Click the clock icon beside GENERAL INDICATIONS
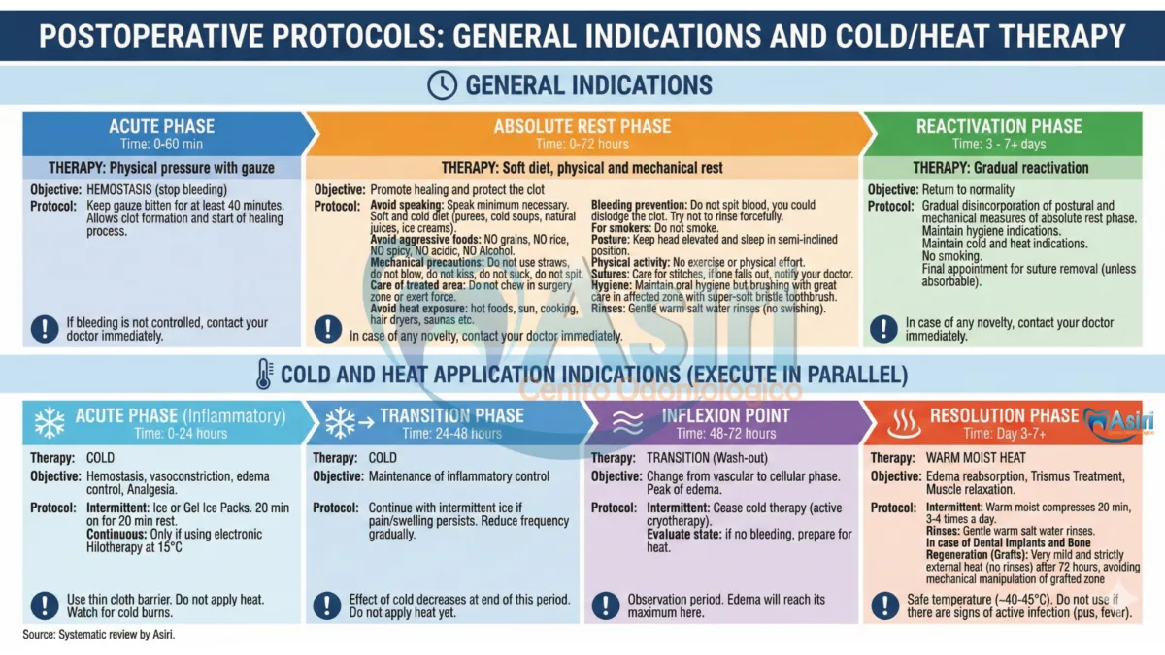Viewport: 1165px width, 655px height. (x=442, y=85)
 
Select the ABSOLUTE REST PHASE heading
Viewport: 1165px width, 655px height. (x=582, y=127)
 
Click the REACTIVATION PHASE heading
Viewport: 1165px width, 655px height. (x=998, y=126)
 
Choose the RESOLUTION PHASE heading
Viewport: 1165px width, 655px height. (x=1004, y=415)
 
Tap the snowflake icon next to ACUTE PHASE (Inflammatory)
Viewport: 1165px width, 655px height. (x=49, y=422)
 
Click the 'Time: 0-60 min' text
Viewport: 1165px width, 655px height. (x=161, y=144)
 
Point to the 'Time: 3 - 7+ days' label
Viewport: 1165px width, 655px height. (x=998, y=144)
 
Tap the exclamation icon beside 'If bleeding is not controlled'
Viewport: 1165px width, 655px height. (x=44, y=329)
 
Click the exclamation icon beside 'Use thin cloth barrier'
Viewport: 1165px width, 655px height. (x=44, y=606)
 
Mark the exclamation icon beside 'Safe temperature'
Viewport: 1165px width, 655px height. (x=884, y=606)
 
